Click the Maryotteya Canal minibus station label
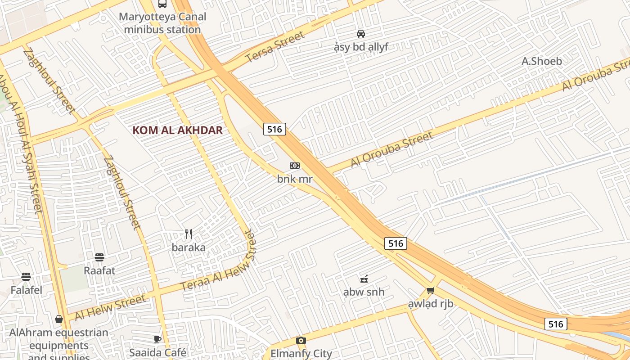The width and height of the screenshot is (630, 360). click(162, 23)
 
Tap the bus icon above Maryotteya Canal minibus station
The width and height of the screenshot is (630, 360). click(162, 4)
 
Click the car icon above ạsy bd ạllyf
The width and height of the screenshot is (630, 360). click(361, 33)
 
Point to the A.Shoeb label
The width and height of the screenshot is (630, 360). click(542, 61)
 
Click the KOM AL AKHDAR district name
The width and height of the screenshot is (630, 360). click(178, 130)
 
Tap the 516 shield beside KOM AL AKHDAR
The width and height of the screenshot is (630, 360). click(274, 130)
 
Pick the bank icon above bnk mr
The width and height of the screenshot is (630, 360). click(295, 166)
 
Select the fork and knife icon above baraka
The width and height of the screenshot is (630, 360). click(189, 234)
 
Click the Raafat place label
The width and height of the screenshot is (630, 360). click(99, 271)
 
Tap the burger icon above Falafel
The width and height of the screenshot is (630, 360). click(26, 277)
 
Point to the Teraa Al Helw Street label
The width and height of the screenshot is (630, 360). click(218, 261)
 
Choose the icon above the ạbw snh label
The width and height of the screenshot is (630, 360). click(364, 279)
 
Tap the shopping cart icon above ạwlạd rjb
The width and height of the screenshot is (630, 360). click(431, 291)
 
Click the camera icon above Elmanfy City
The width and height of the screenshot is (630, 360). click(301, 340)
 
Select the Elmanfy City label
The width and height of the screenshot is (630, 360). click(301, 353)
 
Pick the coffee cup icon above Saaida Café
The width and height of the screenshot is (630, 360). click(157, 339)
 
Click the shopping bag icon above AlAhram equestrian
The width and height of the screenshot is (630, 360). click(59, 319)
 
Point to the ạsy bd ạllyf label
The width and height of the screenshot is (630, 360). click(361, 47)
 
